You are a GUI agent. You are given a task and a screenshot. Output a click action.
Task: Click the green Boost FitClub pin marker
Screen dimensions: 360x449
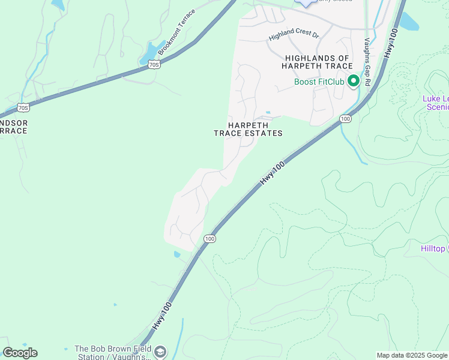(354, 80)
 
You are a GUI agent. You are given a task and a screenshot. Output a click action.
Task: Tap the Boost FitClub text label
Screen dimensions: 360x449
(319, 82)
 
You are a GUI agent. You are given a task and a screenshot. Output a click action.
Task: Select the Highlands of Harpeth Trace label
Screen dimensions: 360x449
(315, 62)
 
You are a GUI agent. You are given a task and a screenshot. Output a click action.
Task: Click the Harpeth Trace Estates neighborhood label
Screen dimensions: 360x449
(248, 129)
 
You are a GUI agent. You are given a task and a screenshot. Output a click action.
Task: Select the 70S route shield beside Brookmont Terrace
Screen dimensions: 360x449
(154, 64)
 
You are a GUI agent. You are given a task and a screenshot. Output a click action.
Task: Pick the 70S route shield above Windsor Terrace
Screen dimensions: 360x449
(23, 108)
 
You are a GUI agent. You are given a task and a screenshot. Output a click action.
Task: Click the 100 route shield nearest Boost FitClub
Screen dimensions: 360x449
(345, 119)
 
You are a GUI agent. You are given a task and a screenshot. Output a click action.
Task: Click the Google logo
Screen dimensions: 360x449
(20, 353)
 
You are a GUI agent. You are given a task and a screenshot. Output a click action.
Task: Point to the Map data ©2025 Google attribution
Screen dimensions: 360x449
(412, 355)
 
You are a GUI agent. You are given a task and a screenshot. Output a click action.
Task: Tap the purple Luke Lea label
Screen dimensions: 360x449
(436, 103)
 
